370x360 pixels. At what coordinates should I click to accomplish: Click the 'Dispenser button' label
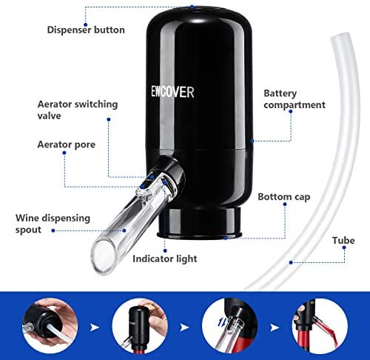tap(86, 30)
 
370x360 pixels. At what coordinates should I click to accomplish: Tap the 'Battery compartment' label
tap(295, 99)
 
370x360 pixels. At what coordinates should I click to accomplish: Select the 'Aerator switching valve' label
tap(78, 110)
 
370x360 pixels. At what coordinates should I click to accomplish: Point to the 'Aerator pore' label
tap(67, 144)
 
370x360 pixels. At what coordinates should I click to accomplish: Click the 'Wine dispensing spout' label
tap(53, 224)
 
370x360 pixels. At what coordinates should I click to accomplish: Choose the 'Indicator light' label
tap(165, 259)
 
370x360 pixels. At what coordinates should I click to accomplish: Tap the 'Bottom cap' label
tap(284, 197)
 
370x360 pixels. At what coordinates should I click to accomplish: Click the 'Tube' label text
tap(343, 240)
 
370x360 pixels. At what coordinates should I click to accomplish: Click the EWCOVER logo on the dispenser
tap(172, 92)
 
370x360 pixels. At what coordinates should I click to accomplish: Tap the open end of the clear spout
tap(104, 257)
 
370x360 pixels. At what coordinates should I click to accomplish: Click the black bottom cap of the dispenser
tap(200, 223)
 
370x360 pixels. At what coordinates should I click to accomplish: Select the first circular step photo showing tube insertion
tap(50, 326)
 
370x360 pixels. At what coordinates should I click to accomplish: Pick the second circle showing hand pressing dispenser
tap(140, 326)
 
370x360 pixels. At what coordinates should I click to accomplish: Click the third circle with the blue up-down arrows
tap(230, 326)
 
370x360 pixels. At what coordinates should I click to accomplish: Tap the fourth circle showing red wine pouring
tap(320, 326)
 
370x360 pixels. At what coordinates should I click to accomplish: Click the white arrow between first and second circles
tap(95, 327)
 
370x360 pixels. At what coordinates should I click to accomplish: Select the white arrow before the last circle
tap(275, 327)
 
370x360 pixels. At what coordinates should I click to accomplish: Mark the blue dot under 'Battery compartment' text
tap(291, 112)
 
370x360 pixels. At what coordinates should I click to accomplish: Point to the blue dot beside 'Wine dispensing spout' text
tap(53, 230)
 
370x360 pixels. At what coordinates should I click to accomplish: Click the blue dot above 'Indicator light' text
tap(165, 251)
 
